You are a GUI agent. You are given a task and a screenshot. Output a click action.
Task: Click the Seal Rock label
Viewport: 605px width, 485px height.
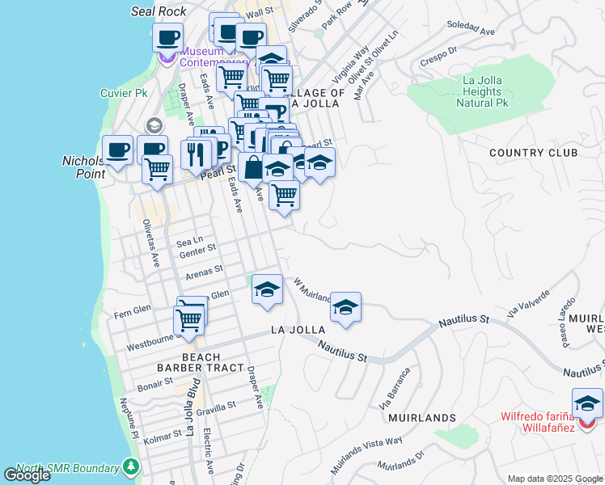click(x=159, y=11)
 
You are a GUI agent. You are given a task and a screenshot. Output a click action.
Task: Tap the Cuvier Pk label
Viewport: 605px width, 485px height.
click(x=124, y=93)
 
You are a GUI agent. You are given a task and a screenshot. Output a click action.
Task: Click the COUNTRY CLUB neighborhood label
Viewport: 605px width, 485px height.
click(x=533, y=153)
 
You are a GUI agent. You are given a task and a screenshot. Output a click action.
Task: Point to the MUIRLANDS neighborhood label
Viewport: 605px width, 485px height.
click(x=421, y=418)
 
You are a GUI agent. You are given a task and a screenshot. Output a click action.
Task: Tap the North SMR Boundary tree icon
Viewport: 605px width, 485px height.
click(x=131, y=467)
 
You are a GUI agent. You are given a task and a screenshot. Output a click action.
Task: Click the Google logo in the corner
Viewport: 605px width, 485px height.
click(x=27, y=475)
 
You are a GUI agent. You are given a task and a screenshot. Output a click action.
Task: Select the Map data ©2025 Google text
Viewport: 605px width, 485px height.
click(x=555, y=479)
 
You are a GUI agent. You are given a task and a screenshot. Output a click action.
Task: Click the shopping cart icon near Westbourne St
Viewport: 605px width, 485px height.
click(x=189, y=319)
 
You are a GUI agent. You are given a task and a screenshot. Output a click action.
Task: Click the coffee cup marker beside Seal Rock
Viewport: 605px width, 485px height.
click(x=167, y=36)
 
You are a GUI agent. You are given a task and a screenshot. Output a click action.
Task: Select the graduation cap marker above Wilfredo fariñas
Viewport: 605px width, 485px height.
click(x=587, y=403)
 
